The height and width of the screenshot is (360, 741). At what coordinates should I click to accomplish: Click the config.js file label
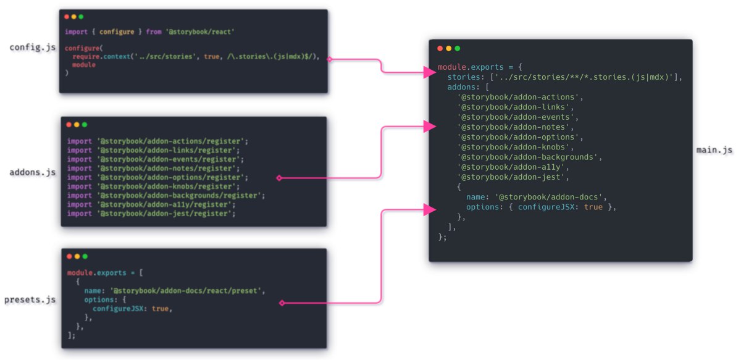click(x=32, y=48)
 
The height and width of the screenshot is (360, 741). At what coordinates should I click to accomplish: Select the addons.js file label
click(x=32, y=172)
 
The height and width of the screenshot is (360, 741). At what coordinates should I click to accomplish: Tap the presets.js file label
click(x=30, y=300)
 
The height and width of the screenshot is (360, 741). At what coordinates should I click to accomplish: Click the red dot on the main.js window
click(x=440, y=48)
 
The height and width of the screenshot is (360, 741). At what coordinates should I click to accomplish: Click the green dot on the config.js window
click(x=82, y=16)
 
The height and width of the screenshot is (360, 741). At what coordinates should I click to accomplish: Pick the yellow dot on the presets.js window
click(x=77, y=256)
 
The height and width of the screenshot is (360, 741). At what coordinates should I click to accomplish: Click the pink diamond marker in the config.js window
click(x=329, y=59)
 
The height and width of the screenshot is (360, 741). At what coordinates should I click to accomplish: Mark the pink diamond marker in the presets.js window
click(x=282, y=303)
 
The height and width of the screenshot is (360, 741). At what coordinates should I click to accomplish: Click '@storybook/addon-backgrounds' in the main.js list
click(x=527, y=157)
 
